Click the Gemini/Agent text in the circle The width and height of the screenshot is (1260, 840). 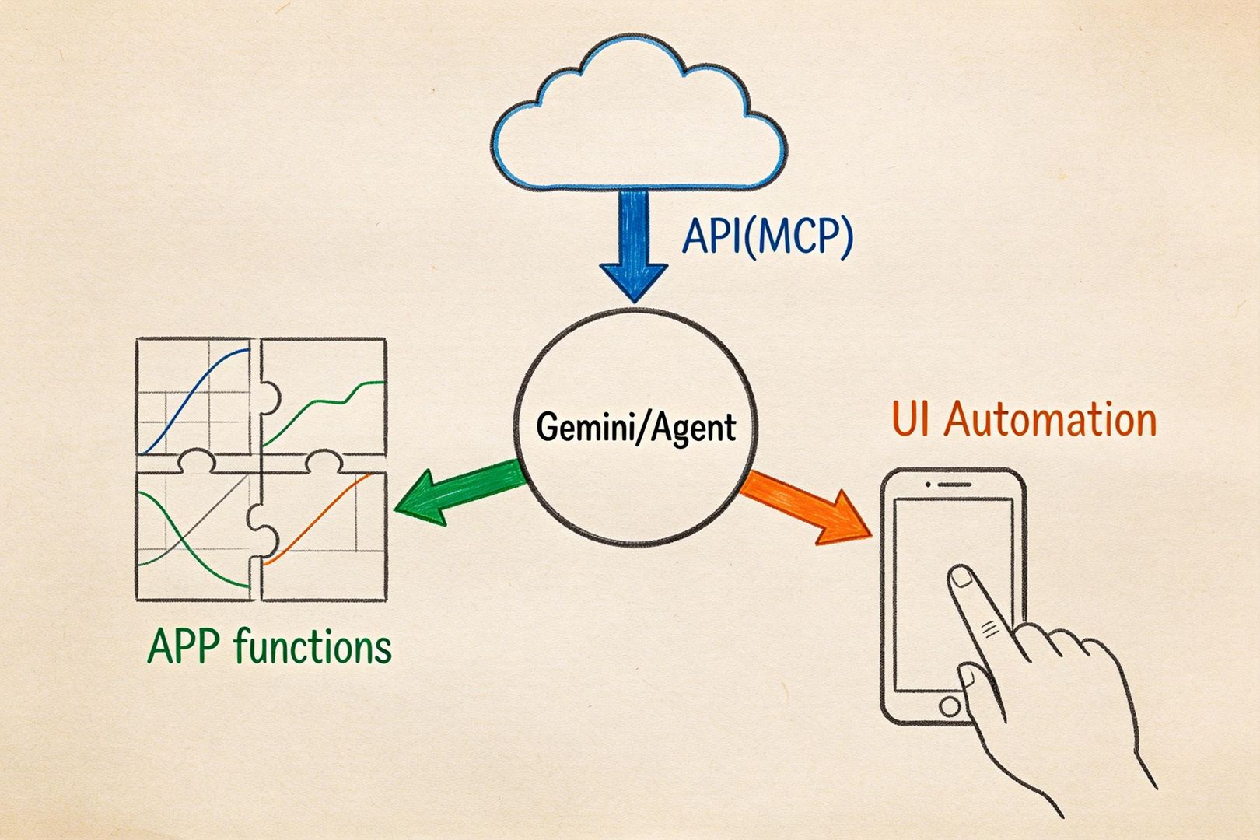635,428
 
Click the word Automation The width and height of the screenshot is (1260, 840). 1050,420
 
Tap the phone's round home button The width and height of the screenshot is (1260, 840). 950,706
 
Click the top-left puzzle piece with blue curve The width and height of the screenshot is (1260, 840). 194,397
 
